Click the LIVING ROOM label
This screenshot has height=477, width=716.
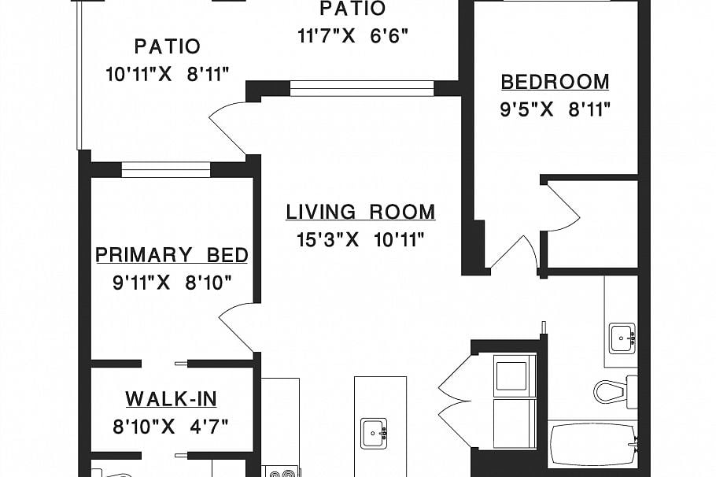coord(360,212)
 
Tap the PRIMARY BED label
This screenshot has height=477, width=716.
coord(172,255)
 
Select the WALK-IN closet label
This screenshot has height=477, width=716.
coord(172,399)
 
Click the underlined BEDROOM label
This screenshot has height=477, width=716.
coord(555,82)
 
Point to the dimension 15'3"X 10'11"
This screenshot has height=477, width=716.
coord(360,239)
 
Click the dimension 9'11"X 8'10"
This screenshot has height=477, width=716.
coord(172,283)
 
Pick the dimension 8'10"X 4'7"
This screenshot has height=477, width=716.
coord(170,427)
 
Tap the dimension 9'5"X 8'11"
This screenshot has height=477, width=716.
coord(555,109)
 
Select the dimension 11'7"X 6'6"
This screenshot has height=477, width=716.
coord(352,35)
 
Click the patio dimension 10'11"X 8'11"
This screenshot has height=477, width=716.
coord(167,74)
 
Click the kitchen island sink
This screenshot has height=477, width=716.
coord(375,434)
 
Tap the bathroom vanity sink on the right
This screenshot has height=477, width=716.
coord(622,338)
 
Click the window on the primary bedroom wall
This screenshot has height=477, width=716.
coord(166,169)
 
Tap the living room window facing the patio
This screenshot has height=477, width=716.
coord(362,89)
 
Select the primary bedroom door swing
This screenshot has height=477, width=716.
coord(237,327)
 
